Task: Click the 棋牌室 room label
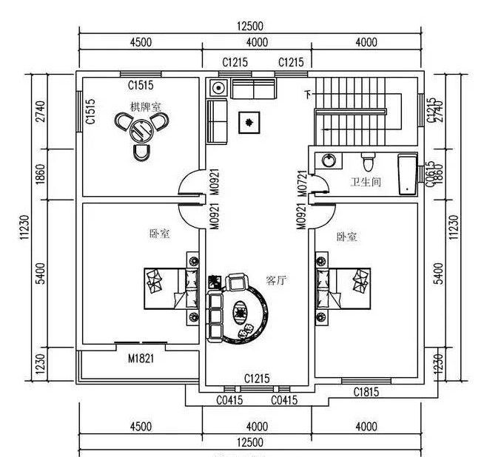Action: coord(146,108)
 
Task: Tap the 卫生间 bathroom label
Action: coord(365,182)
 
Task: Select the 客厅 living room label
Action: coord(276,280)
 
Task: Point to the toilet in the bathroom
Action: coord(368,160)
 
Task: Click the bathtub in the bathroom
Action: coord(407,174)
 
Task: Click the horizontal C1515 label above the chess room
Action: coord(140,84)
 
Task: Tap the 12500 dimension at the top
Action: coord(250,26)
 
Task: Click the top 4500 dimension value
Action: coord(140,42)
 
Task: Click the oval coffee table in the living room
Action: coord(242,313)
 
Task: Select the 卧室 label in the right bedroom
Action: coord(346,237)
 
